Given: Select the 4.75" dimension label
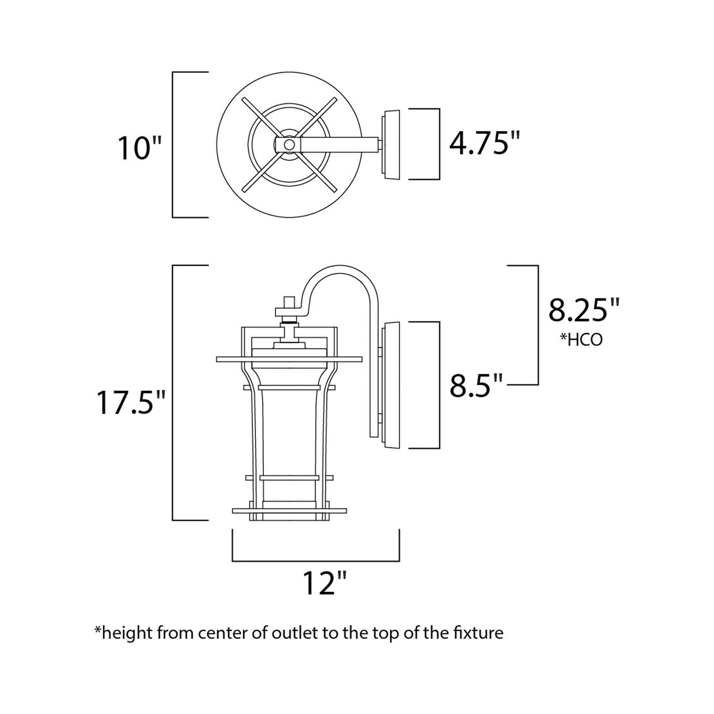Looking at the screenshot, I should point(485,144).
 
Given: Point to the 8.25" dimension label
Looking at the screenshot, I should point(584,310).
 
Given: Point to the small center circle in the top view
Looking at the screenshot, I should point(290,144).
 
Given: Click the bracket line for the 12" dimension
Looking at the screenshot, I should point(316,561).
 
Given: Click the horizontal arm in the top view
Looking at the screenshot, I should point(341,144).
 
